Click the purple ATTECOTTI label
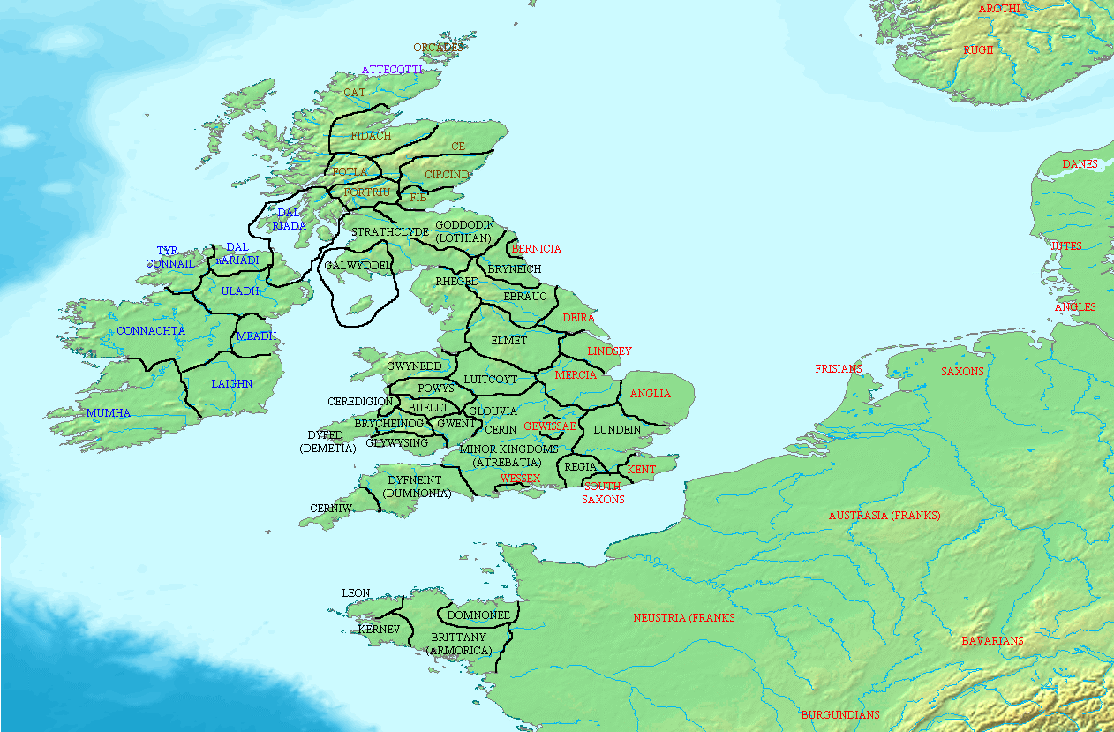(x=392, y=70)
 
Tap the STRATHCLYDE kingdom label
(x=389, y=232)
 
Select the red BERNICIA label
(x=537, y=249)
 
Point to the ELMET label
(x=508, y=341)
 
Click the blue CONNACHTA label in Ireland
(x=151, y=331)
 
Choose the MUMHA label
(x=109, y=413)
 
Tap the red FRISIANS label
(x=839, y=369)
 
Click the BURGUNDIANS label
(x=840, y=715)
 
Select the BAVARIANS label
(x=993, y=641)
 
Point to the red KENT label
(x=642, y=470)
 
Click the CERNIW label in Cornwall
(x=331, y=509)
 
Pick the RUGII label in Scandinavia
(x=978, y=50)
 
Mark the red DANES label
(x=1080, y=164)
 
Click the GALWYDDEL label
(x=358, y=266)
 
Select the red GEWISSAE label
(x=550, y=426)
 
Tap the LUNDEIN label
(x=617, y=430)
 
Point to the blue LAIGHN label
(x=232, y=384)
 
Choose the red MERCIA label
(x=576, y=375)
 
